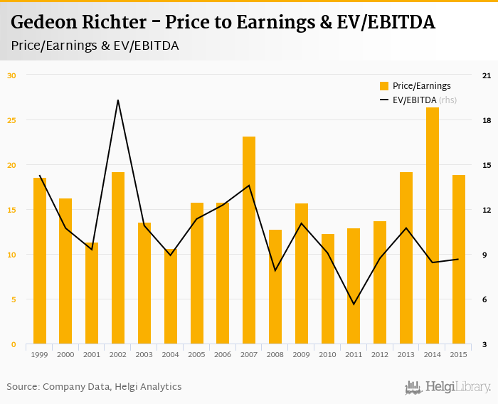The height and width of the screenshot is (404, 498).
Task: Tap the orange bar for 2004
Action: [x=170, y=297]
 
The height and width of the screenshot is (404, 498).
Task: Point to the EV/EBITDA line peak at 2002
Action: [x=118, y=100]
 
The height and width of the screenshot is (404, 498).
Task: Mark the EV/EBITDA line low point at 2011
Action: [x=354, y=304]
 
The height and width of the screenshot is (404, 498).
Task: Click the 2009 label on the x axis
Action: [x=301, y=354]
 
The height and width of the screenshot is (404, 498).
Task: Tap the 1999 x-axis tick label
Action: [x=40, y=354]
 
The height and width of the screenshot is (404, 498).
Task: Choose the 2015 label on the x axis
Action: [x=458, y=354]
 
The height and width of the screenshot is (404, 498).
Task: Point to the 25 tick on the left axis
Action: [x=11, y=119]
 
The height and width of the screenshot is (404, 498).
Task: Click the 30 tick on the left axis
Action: [x=11, y=75]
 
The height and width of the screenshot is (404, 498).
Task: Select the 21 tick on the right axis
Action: [x=487, y=75]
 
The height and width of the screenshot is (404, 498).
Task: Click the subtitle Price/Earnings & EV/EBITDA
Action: [x=95, y=46]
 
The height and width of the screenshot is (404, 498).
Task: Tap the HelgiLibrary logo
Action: [x=448, y=387]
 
